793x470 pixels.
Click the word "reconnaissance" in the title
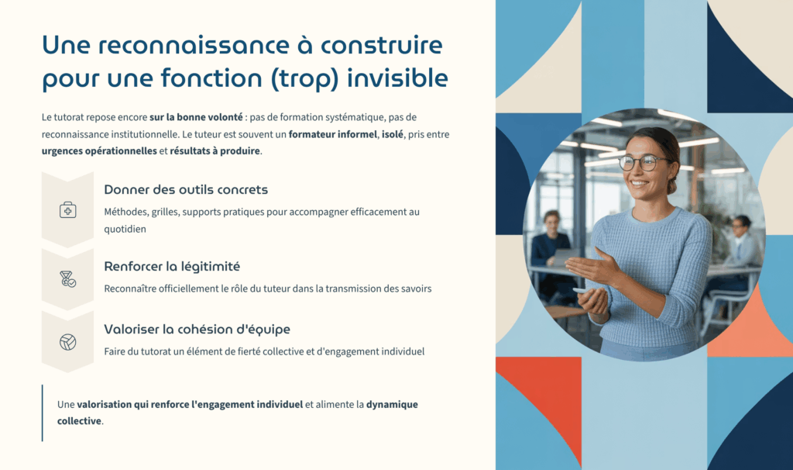coord(194,45)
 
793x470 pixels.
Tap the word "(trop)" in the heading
coord(304,79)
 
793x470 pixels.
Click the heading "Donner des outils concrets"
coord(186,189)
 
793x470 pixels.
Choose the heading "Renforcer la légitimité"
coord(172,266)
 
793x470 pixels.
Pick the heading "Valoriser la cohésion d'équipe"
coord(197,329)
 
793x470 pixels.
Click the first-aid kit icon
coord(68,209)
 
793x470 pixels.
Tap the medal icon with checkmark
coord(68,279)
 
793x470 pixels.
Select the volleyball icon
coord(68,342)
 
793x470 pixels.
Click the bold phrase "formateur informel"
coord(333,134)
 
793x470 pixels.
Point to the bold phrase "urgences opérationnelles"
coord(99,151)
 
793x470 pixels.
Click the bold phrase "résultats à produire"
coord(215,151)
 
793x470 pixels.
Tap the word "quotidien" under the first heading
coord(125,229)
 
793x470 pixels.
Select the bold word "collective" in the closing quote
coord(79,421)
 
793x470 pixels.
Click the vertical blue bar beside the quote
coord(43,413)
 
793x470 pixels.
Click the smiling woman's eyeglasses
coord(643,163)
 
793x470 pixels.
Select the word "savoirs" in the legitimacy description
coord(416,289)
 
